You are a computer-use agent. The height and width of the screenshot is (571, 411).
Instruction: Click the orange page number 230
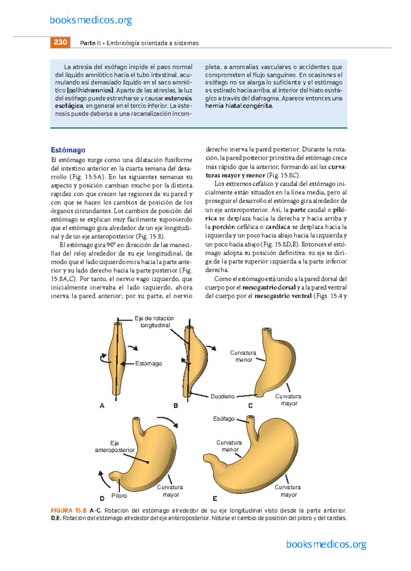60,42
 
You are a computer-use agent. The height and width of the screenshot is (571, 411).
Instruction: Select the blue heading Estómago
68,150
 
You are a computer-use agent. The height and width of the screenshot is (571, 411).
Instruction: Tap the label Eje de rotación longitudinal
154,322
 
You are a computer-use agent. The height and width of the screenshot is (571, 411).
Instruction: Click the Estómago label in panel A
148,364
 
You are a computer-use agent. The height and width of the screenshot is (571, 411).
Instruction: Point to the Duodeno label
222,396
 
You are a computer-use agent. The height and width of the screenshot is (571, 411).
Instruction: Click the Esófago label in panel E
224,419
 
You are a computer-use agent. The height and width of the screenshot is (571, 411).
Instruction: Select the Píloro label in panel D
119,496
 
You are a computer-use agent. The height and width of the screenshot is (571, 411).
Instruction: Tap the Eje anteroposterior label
115,447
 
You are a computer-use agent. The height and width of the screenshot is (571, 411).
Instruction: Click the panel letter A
102,406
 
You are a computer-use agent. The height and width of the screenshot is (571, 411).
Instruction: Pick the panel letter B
176,406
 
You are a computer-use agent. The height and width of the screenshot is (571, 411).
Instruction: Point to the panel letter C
250,406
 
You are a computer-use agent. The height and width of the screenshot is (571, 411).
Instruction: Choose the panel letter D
102,498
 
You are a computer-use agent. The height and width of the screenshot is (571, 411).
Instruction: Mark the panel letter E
215,498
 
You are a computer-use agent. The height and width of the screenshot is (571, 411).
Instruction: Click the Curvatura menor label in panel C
243,356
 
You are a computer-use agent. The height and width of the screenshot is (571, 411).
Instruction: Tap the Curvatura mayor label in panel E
288,491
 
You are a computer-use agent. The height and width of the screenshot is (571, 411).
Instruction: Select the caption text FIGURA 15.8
68,511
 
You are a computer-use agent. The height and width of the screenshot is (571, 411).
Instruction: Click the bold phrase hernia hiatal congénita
239,106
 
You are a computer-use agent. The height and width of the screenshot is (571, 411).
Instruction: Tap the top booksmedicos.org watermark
91,20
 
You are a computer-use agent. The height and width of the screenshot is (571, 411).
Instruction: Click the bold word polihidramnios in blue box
91,91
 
